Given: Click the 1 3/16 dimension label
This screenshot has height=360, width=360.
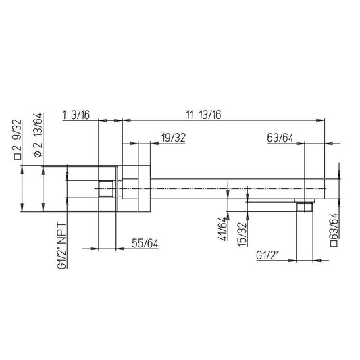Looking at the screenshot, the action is pyautogui.click(x=76, y=115).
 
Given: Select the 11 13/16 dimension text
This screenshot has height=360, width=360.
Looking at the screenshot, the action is pyautogui.click(x=203, y=115).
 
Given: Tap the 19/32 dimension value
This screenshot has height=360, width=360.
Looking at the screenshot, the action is pyautogui.click(x=174, y=138).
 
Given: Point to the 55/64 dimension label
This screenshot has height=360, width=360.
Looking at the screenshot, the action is pyautogui.click(x=145, y=243).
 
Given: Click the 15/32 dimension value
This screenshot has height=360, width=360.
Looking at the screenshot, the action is pyautogui.click(x=242, y=234).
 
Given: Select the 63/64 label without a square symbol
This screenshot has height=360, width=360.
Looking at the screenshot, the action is pyautogui.click(x=280, y=138).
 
